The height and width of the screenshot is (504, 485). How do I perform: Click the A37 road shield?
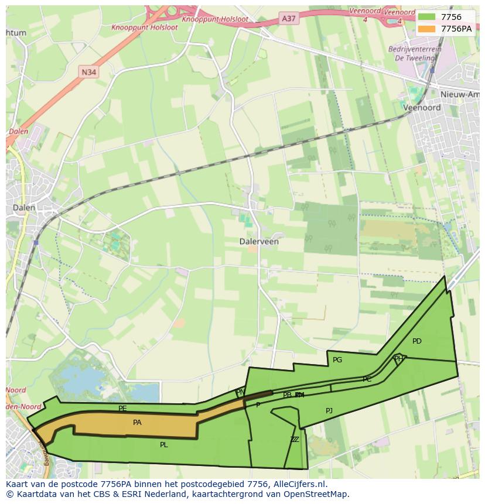coord(289,19)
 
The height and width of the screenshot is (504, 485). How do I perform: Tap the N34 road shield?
coord(88,72)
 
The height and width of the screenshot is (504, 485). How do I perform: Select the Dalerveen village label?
coord(259,241)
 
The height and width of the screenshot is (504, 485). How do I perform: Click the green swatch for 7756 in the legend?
coord(426,17)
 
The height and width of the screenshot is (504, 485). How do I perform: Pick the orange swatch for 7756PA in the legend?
coord(426,28)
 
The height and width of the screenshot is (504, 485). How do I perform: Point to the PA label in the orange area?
coord(137,422)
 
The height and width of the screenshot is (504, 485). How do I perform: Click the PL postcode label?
coord(164,445)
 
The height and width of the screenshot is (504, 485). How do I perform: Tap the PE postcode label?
coord(122,409)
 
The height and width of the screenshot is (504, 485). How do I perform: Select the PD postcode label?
coord(416,341)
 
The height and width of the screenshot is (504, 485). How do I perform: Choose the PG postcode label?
coord(337,360)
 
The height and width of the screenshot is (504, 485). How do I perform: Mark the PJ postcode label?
coord(329,411)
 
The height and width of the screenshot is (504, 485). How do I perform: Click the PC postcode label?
coord(367,379)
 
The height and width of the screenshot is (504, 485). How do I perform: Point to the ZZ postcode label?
coord(295,440)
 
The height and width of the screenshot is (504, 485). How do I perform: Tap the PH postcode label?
coord(398,359)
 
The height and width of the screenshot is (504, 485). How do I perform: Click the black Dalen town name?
coord(24,207)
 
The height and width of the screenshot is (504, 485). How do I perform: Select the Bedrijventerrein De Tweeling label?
coord(415,54)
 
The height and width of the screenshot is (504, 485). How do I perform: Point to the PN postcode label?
coord(240,392)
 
